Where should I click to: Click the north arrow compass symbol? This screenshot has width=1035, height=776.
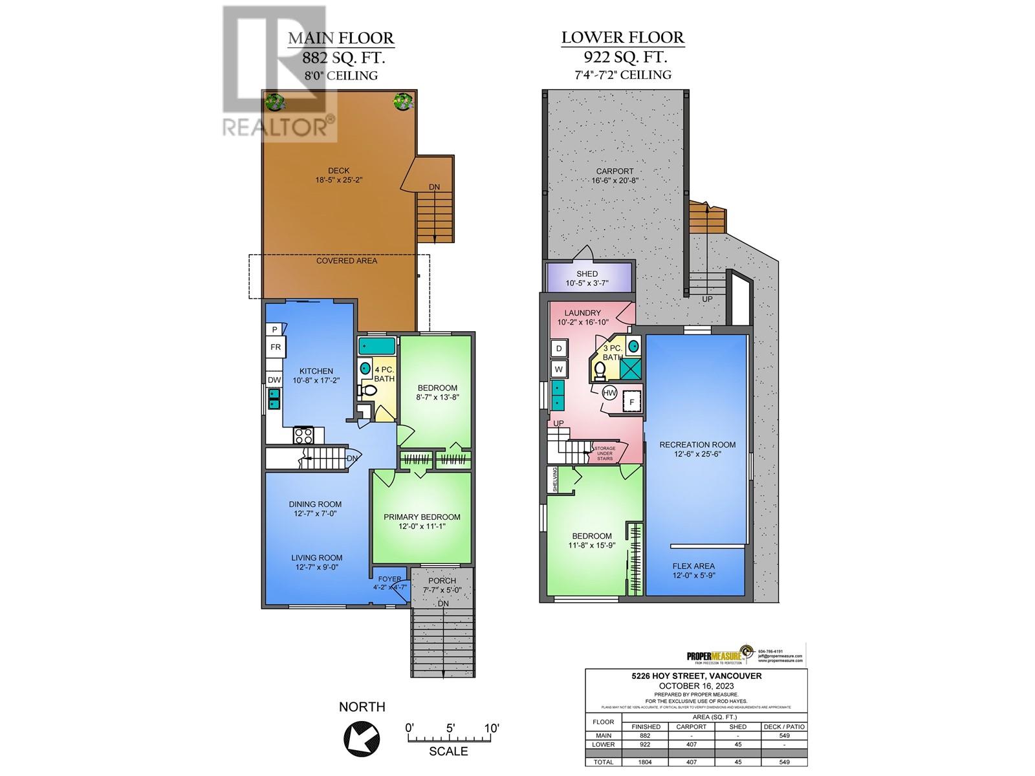362,736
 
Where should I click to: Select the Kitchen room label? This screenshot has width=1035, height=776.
316,371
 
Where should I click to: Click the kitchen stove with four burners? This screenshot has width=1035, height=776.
303,435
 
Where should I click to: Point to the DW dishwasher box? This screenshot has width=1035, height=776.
274,380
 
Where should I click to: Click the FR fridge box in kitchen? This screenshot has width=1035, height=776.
276,347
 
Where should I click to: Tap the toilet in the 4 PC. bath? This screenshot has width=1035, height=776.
370,391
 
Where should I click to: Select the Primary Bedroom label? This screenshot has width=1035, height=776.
422,517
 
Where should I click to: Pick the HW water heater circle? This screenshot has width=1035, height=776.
609,393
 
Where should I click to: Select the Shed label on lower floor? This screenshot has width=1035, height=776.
587,274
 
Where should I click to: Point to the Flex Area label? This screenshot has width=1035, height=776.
693,566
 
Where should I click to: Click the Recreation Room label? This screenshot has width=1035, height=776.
697,444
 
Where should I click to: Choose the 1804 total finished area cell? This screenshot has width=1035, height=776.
646,762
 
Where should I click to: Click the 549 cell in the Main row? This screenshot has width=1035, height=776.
784,735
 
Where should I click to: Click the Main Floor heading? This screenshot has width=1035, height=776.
341,38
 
